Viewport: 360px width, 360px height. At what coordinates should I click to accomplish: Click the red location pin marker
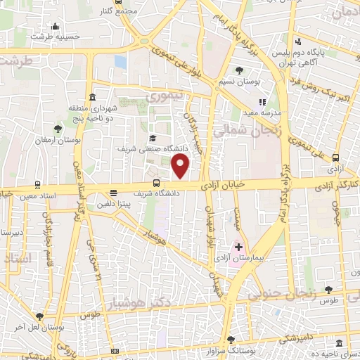(x=181, y=167)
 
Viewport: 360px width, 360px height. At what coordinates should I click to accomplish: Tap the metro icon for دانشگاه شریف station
(x=156, y=184)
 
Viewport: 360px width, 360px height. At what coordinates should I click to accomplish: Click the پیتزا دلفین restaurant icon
(x=113, y=193)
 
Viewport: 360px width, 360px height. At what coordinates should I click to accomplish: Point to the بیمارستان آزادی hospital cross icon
(x=238, y=247)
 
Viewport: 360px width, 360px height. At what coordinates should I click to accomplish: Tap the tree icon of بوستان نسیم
(x=239, y=70)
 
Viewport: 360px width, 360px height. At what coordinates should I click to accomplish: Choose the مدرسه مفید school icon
(x=263, y=102)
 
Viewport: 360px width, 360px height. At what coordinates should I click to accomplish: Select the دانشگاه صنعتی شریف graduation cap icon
(x=153, y=139)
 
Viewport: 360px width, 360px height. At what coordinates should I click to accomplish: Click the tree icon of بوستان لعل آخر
(x=39, y=316)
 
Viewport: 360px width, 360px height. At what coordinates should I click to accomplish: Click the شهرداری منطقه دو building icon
(x=93, y=98)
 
